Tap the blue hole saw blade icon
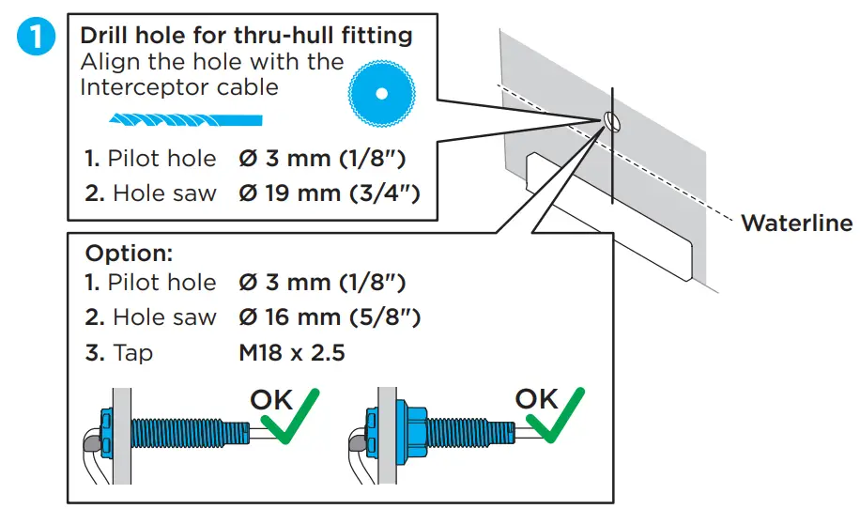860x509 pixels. [x=380, y=94]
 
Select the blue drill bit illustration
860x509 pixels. [x=185, y=119]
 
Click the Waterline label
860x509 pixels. [x=796, y=224]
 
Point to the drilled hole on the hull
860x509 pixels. [x=610, y=119]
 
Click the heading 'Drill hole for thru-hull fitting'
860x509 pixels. [x=246, y=36]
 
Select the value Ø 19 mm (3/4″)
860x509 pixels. [x=330, y=193]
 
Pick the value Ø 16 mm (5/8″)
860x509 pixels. [x=330, y=317]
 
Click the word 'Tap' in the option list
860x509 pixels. [x=132, y=353]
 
